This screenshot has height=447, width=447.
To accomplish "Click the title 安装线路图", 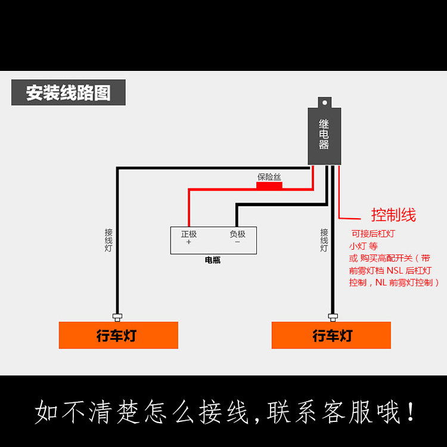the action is point(68,93).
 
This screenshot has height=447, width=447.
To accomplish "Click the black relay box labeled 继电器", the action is point(324,135).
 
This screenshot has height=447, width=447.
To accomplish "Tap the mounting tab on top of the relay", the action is point(324,102).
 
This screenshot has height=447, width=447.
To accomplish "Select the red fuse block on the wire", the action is point(269,186).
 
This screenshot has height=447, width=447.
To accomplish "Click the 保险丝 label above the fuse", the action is point(269,177).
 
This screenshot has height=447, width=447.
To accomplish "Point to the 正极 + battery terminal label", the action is point(189,238).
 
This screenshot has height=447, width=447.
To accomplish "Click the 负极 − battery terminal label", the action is point(237,238).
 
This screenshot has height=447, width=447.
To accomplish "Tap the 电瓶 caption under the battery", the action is point(212,260).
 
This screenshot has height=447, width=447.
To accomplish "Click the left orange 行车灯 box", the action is point(118,336).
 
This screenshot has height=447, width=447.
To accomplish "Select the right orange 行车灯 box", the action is point(331,336).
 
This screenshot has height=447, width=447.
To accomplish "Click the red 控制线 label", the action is point(393,215).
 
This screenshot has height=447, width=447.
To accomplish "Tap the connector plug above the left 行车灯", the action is point(117,316).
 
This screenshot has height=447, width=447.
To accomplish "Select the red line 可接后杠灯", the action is point(373,234).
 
